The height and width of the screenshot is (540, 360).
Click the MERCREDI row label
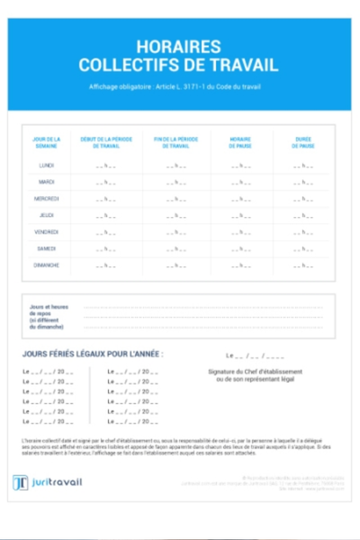tap(47, 198)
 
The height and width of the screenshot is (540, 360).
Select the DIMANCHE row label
tap(47, 265)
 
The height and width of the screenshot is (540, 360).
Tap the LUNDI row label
tap(47, 166)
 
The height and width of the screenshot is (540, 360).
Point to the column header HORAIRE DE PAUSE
tap(240, 142)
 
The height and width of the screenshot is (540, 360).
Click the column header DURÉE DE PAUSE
tap(303, 142)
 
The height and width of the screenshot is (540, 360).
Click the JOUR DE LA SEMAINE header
tap(47, 142)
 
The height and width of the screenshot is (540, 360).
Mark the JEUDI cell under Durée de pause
tap(303, 216)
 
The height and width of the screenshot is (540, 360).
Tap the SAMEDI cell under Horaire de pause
tap(240, 249)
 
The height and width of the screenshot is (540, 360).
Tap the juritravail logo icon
tap(21, 482)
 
